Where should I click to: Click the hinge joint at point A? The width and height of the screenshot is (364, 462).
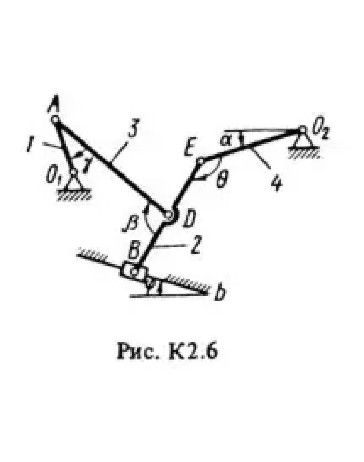[x=55, y=119]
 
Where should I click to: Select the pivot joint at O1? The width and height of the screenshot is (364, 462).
[x=73, y=173]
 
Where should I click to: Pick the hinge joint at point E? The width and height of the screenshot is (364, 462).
[x=201, y=161]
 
